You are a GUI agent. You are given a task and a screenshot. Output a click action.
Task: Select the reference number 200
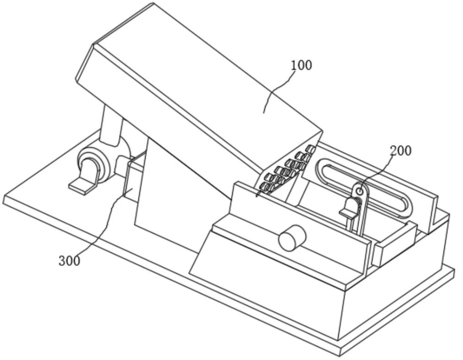click(400, 150)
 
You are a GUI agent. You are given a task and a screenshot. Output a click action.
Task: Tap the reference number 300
click(69, 260)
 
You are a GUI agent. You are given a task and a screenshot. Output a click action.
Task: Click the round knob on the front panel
click(292, 238)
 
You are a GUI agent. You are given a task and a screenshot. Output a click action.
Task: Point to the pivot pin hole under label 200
click(360, 191)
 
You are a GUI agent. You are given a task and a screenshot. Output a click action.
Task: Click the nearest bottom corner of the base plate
click(341, 353)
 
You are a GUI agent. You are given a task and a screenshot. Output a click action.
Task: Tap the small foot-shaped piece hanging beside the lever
click(348, 208)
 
